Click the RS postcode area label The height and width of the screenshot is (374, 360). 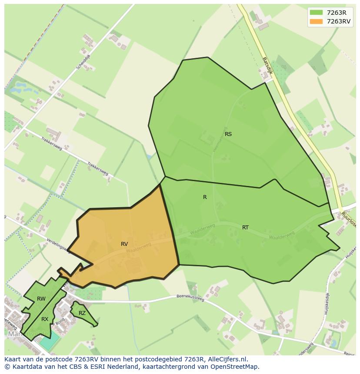[x=228, y=134]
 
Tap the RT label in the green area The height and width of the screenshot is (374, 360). [x=246, y=228]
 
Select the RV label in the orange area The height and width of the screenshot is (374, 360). [x=124, y=244]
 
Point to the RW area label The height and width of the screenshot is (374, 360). [x=41, y=299]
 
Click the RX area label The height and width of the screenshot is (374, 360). [x=45, y=319]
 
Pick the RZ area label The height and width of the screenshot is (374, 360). [x=82, y=313]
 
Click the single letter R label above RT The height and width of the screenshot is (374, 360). [x=205, y=197]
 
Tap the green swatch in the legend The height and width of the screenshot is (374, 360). [x=316, y=13]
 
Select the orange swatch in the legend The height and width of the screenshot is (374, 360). [x=316, y=21]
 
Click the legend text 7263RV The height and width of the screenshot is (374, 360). [x=338, y=21]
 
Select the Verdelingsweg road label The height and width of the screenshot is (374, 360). [x=57, y=245]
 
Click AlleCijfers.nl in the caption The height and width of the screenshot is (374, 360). [x=227, y=359]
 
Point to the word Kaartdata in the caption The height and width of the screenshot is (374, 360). [x=24, y=367]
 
